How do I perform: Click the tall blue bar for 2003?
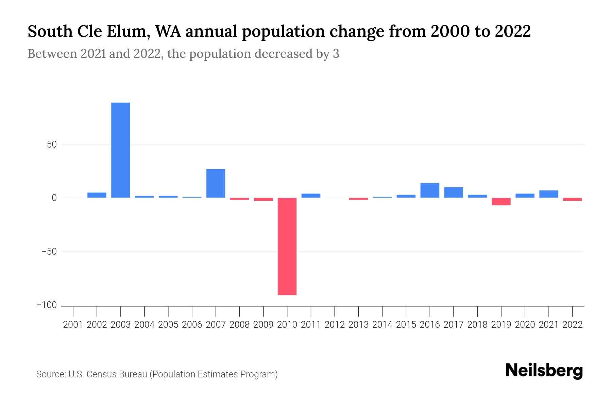(121, 150)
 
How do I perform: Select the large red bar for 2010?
(287, 246)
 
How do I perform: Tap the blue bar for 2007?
(216, 183)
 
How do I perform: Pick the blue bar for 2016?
(430, 190)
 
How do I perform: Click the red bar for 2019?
(501, 201)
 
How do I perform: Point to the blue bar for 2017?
(454, 192)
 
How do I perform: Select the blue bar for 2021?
(549, 194)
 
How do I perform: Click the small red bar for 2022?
(573, 199)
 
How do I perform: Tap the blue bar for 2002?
(97, 195)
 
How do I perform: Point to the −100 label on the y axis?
(47, 305)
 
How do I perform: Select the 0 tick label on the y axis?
(54, 198)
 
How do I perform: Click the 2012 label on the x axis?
(335, 325)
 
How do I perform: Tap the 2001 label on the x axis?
(73, 325)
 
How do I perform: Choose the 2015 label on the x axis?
(406, 325)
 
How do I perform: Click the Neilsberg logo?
(544, 371)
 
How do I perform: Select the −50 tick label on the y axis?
(49, 252)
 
